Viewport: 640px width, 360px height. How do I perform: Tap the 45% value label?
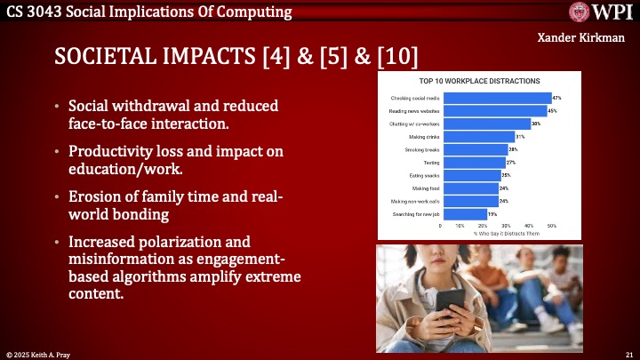pyautogui.click(x=553, y=110)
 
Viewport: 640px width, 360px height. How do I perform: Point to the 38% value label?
pyautogui.click(x=535, y=124)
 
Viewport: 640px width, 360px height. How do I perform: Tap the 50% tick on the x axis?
pyautogui.click(x=551, y=226)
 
